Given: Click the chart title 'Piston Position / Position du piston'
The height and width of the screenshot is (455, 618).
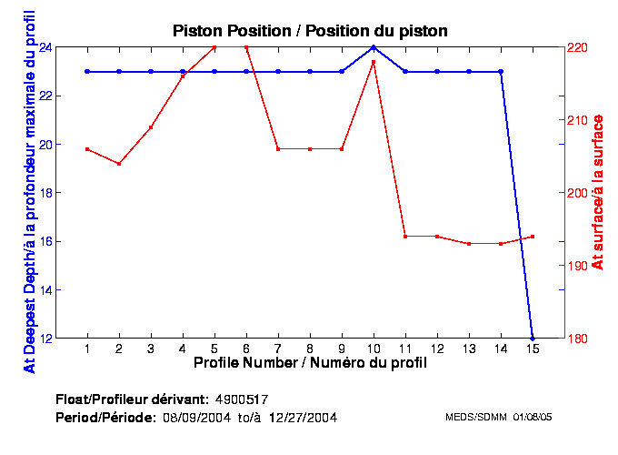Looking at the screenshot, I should point(310,31).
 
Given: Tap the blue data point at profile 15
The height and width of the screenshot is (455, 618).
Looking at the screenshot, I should point(533,338).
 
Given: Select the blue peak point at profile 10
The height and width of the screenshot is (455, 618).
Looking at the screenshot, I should point(374,46).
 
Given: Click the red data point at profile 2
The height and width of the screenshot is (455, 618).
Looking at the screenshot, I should point(119,164).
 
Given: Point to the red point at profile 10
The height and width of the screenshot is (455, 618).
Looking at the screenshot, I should point(374,62).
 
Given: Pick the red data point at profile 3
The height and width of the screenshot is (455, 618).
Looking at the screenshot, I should point(151,127).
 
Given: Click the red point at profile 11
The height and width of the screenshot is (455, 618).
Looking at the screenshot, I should point(405,237).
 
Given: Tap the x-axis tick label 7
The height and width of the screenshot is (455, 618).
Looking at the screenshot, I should point(278,349).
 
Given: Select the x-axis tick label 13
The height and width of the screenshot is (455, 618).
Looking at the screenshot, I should point(469,349).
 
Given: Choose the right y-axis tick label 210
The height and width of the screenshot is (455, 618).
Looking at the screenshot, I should point(578,120).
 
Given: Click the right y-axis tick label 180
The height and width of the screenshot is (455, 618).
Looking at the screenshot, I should point(578,339).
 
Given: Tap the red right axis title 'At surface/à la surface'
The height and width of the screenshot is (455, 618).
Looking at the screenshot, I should point(598,192).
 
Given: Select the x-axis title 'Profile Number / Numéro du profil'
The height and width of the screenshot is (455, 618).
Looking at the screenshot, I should point(310,363).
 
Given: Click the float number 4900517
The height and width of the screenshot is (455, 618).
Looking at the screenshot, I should point(242,399).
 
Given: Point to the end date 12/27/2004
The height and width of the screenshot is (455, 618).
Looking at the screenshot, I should point(304,417).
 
